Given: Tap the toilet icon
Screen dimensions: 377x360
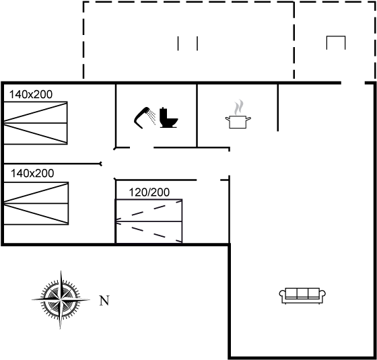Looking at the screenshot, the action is click(x=168, y=118).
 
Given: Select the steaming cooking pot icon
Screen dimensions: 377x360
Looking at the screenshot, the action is click(x=238, y=114).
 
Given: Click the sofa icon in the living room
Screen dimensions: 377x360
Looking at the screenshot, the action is click(x=302, y=296).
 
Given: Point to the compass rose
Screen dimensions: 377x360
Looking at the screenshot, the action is click(x=61, y=299).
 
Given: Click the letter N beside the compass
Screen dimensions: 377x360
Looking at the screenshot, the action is click(x=104, y=301).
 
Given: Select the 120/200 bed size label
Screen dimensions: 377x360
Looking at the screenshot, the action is click(x=149, y=192).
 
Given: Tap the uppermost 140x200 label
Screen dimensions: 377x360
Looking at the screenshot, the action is click(x=31, y=94).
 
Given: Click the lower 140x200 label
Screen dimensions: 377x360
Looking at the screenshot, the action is click(x=32, y=174).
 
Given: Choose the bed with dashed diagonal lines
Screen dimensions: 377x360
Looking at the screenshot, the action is click(x=149, y=221).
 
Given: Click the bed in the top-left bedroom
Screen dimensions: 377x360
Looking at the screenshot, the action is click(x=36, y=123).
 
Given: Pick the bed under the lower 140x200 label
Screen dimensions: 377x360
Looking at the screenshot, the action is click(x=36, y=203).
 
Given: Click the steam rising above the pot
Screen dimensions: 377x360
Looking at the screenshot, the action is click(x=239, y=107).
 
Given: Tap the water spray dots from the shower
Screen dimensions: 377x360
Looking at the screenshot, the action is click(x=152, y=117).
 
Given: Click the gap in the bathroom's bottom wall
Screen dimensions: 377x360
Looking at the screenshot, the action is click(x=142, y=147).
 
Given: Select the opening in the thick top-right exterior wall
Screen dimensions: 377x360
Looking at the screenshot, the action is click(x=353, y=83).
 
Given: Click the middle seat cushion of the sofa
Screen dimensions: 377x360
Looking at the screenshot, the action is click(x=302, y=293).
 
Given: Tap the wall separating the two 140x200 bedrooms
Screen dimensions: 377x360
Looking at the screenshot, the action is click(x=53, y=164).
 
